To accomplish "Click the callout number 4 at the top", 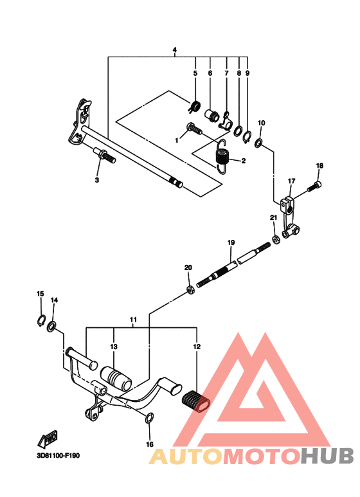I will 174,50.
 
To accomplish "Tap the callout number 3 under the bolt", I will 97,181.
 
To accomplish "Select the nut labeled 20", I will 191,291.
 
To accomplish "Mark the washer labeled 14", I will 52,323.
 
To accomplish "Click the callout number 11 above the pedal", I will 134,320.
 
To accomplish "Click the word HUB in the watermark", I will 327,456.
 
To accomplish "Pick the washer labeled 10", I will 258,143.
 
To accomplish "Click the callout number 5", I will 195,74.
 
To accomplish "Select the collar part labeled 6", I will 212,116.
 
